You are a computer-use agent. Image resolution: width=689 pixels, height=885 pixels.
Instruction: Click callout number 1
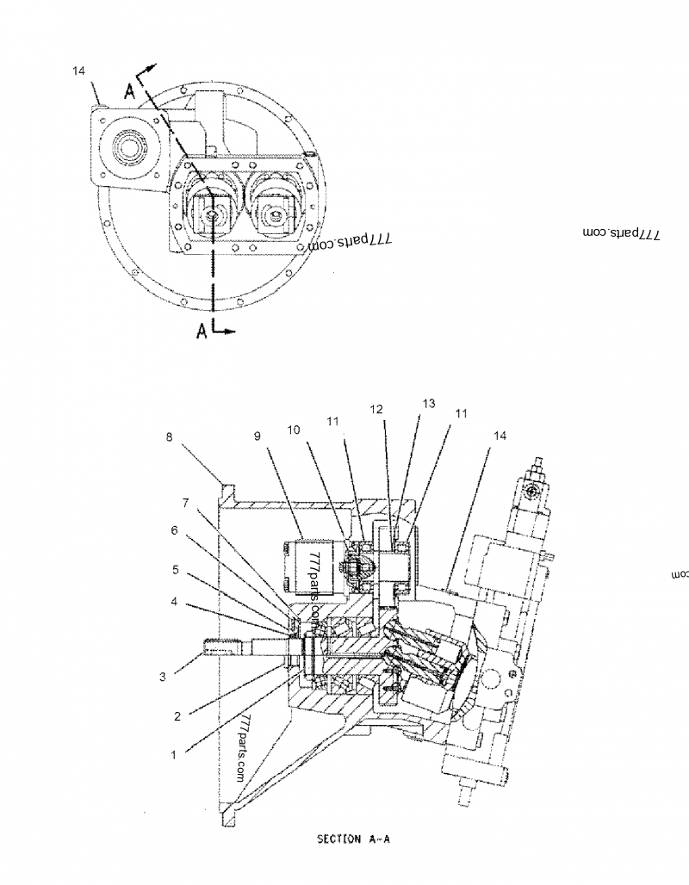click(173, 755)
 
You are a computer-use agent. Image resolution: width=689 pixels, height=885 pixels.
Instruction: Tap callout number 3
click(162, 678)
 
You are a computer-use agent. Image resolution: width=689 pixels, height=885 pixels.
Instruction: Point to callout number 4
click(175, 602)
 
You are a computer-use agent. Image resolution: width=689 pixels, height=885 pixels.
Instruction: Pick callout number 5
click(175, 569)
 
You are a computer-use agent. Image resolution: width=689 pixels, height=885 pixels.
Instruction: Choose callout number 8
click(170, 437)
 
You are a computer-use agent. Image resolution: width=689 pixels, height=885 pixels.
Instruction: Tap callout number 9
click(258, 437)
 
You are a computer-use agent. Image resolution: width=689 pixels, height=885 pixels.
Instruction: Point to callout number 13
click(429, 403)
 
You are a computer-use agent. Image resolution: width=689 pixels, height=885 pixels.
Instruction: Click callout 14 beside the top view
click(79, 71)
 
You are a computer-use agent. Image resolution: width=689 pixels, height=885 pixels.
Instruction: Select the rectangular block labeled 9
click(305, 566)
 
